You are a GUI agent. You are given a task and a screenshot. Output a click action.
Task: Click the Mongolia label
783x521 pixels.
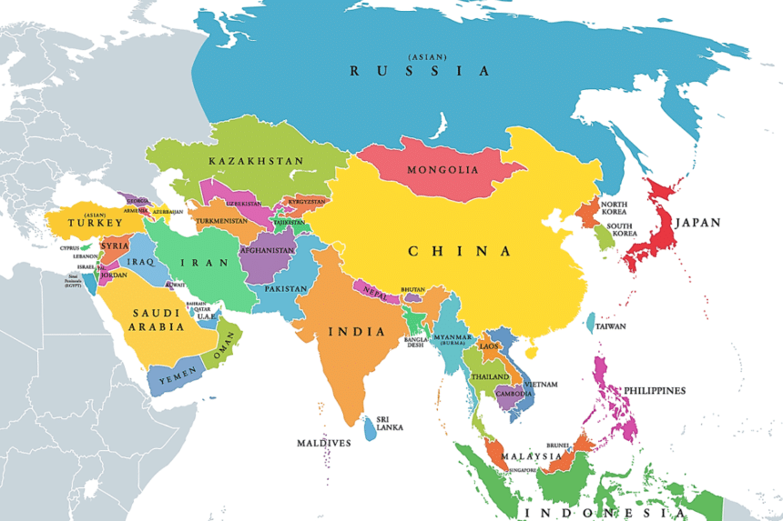click(442, 170)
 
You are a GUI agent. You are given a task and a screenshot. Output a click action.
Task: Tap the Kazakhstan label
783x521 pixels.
click(256, 161)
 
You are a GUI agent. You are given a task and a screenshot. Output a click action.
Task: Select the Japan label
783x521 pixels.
click(697, 222)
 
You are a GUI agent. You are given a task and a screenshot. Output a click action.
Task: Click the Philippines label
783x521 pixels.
click(654, 390)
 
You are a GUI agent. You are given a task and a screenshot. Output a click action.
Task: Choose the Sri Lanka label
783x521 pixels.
click(390, 423)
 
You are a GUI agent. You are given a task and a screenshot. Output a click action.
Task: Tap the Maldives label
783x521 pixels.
click(323, 443)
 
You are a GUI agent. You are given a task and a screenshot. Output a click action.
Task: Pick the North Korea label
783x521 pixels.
click(614, 208)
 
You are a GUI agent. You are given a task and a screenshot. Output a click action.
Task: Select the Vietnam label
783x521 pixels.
click(541, 385)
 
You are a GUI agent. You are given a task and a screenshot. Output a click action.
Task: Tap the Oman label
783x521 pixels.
click(224, 348)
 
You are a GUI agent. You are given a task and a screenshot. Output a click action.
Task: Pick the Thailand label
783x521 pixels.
click(490, 376)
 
